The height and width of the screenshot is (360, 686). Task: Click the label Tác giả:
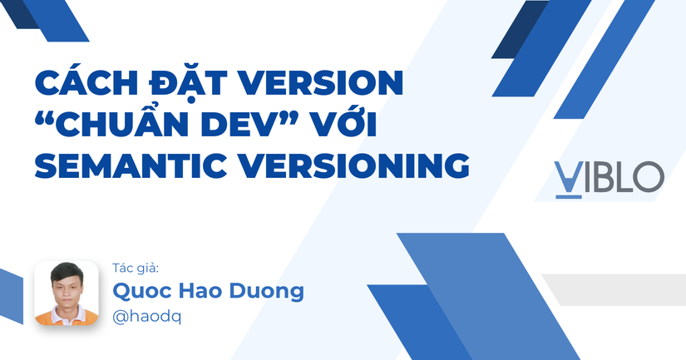click(135, 268)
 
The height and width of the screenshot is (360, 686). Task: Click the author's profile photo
click(67, 293)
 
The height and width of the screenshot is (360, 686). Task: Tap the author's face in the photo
click(67, 286)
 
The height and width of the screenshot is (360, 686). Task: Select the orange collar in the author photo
click(67, 313)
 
